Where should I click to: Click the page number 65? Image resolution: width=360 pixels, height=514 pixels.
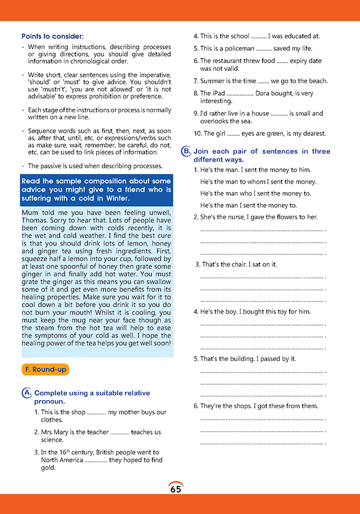[176, 489]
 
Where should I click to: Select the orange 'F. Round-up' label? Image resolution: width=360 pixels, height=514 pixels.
[45, 369]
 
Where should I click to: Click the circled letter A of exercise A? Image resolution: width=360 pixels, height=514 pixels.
[26, 393]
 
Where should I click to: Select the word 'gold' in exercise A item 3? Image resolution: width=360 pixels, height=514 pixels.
[48, 467]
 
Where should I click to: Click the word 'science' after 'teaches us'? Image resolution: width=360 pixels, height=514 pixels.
[52, 440]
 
